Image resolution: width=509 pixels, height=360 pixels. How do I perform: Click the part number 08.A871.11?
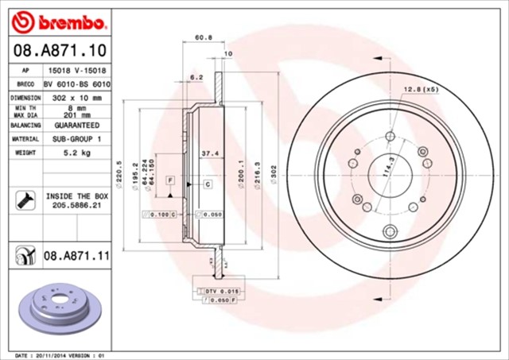pyautogui.click(x=76, y=256)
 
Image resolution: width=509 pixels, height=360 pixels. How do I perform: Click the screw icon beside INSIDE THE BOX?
pyautogui.click(x=22, y=199)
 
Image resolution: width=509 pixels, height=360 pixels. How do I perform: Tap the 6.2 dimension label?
pyautogui.click(x=196, y=77)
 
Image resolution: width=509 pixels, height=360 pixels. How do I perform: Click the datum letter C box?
pyautogui.click(x=207, y=184)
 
